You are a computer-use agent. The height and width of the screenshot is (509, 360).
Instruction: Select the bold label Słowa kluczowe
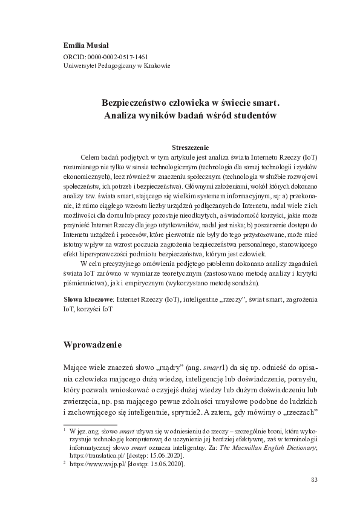tap(88, 299)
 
